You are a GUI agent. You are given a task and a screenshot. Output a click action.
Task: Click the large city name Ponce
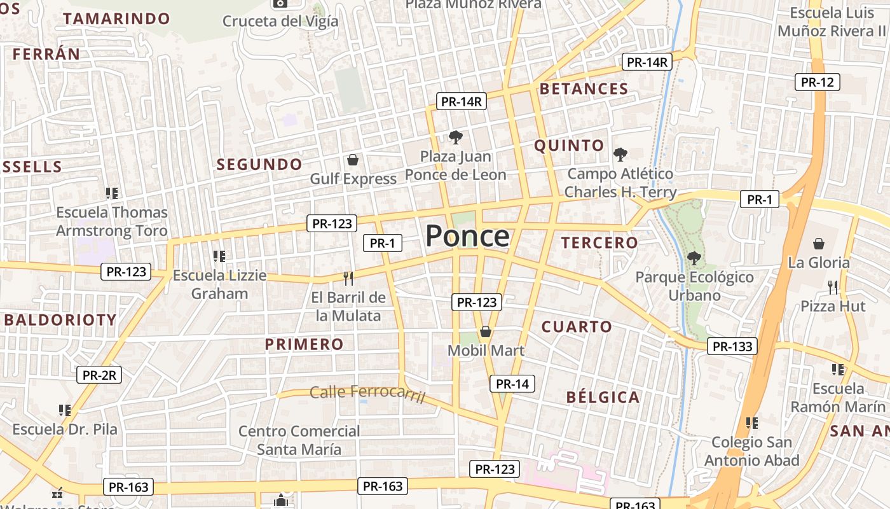tap(467, 236)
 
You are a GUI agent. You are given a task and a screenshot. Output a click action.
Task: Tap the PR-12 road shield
tap(818, 82)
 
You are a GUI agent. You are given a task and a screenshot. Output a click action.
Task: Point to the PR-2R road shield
tap(99, 375)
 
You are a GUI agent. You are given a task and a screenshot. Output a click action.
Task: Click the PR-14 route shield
tap(512, 384)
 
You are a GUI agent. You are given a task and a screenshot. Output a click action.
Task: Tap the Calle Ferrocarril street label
tap(367, 393)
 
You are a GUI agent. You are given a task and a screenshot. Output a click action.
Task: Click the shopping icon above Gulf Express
tap(353, 160)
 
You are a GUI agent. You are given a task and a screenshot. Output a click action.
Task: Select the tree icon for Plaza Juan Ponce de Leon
tap(455, 137)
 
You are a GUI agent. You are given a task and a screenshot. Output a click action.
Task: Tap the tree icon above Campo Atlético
tap(620, 154)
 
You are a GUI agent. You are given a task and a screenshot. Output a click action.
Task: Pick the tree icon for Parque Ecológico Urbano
tap(694, 258)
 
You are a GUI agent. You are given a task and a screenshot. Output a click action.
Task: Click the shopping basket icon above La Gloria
tap(819, 243)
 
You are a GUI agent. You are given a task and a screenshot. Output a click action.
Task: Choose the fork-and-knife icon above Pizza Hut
tap(833, 287)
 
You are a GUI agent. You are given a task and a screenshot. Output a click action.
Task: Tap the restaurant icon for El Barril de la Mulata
tap(348, 278)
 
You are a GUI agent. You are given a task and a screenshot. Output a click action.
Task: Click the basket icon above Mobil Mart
tap(486, 331)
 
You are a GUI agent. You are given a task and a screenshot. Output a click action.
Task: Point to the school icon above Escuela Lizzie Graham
tap(219, 256)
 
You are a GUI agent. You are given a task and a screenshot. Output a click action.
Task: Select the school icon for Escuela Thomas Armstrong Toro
tap(112, 193)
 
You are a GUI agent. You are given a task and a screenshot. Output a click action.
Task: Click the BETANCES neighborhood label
tap(584, 89)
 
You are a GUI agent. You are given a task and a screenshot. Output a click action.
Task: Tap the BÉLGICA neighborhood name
tap(603, 398)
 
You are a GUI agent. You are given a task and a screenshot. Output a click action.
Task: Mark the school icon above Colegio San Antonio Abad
tap(752, 422)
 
